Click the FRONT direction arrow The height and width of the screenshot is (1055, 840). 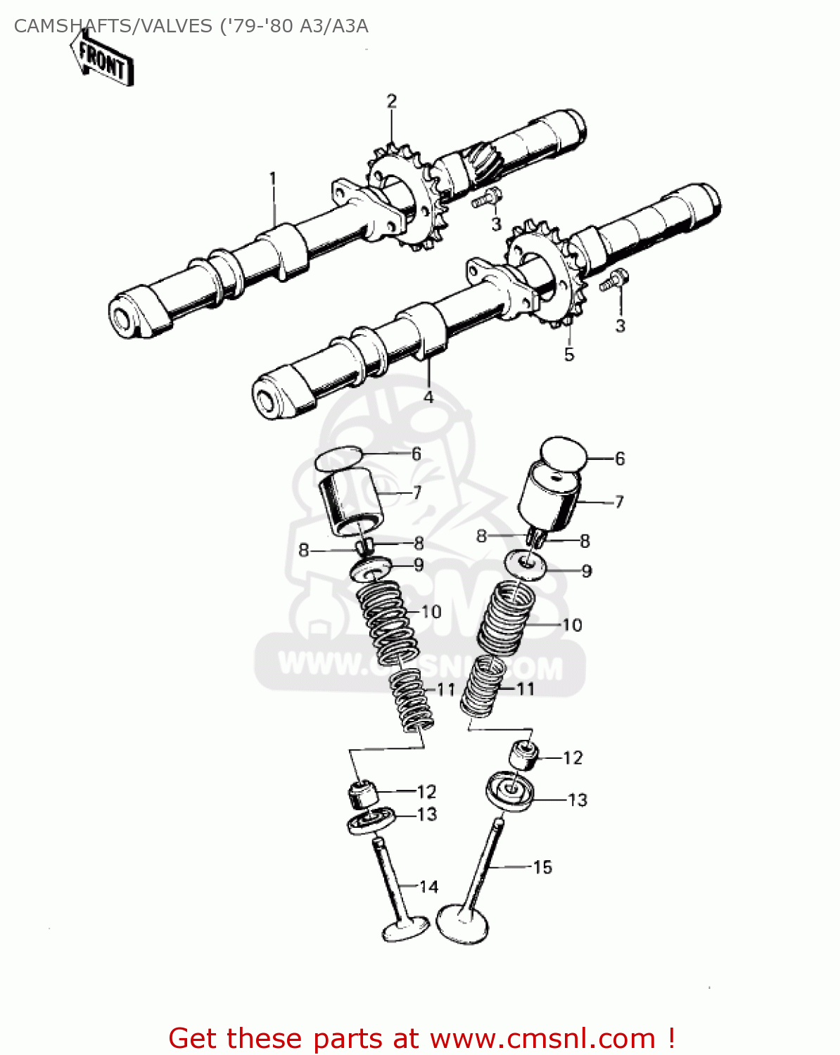point(103,62)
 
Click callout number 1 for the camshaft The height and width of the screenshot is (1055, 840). point(273,178)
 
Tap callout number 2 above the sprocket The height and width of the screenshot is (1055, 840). point(391,101)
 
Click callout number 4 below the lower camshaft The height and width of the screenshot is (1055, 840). point(428,397)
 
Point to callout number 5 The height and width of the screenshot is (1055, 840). point(569,354)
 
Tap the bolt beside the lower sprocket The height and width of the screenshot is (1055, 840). point(613,281)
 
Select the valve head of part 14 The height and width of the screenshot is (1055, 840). point(405,928)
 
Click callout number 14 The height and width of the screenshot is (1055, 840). point(429,887)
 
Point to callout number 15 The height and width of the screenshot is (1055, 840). point(542,867)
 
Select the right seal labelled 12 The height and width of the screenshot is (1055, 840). point(524,756)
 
